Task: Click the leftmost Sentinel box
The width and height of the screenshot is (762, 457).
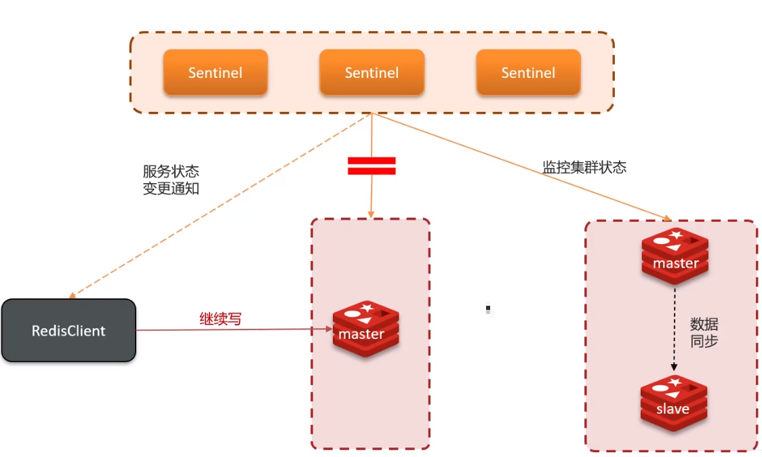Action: [215, 73]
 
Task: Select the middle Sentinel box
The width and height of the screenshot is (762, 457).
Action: [372, 73]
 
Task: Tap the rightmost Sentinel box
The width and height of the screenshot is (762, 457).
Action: [528, 73]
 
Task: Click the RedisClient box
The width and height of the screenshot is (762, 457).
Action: [68, 331]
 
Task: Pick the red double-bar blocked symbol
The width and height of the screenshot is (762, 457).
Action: [372, 166]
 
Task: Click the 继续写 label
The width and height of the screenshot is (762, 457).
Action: [220, 318]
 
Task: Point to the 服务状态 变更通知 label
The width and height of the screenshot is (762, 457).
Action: [171, 180]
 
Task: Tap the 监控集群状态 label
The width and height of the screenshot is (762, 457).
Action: [584, 167]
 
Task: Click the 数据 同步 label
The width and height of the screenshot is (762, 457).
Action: [704, 332]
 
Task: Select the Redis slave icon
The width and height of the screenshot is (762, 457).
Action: [674, 403]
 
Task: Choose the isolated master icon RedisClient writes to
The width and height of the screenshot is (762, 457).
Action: [366, 329]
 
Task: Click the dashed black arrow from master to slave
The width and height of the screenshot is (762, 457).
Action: [675, 329]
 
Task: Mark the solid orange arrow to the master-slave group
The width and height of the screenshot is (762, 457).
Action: [522, 167]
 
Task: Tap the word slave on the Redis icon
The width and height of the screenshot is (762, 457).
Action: [673, 409]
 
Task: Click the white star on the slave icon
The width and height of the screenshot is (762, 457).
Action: [675, 382]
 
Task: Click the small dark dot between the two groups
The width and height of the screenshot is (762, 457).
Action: [488, 309]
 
